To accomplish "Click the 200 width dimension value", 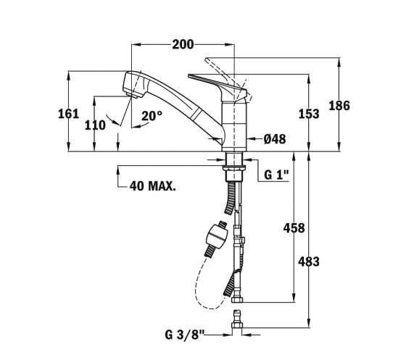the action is pyautogui.click(x=183, y=44).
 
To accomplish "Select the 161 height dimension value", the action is pyautogui.click(x=68, y=114).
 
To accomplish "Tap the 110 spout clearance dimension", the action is pyautogui.click(x=95, y=125).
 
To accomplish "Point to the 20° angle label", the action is pyautogui.click(x=152, y=116).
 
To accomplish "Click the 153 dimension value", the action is pyautogui.click(x=309, y=114).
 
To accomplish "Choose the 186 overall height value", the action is pyautogui.click(x=339, y=106).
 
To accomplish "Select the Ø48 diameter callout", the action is pyautogui.click(x=275, y=139).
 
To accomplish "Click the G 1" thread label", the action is pyautogui.click(x=276, y=175).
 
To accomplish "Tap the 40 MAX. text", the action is pyautogui.click(x=153, y=185).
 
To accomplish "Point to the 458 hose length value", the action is pyautogui.click(x=294, y=228).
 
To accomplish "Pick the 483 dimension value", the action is pyautogui.click(x=309, y=261).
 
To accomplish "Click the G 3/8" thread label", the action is pyautogui.click(x=185, y=335).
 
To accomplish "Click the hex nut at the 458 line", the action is pyautogui.click(x=237, y=300).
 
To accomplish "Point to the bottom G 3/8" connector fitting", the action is pyautogui.click(x=237, y=319).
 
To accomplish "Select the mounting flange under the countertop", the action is pyautogui.click(x=234, y=167).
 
